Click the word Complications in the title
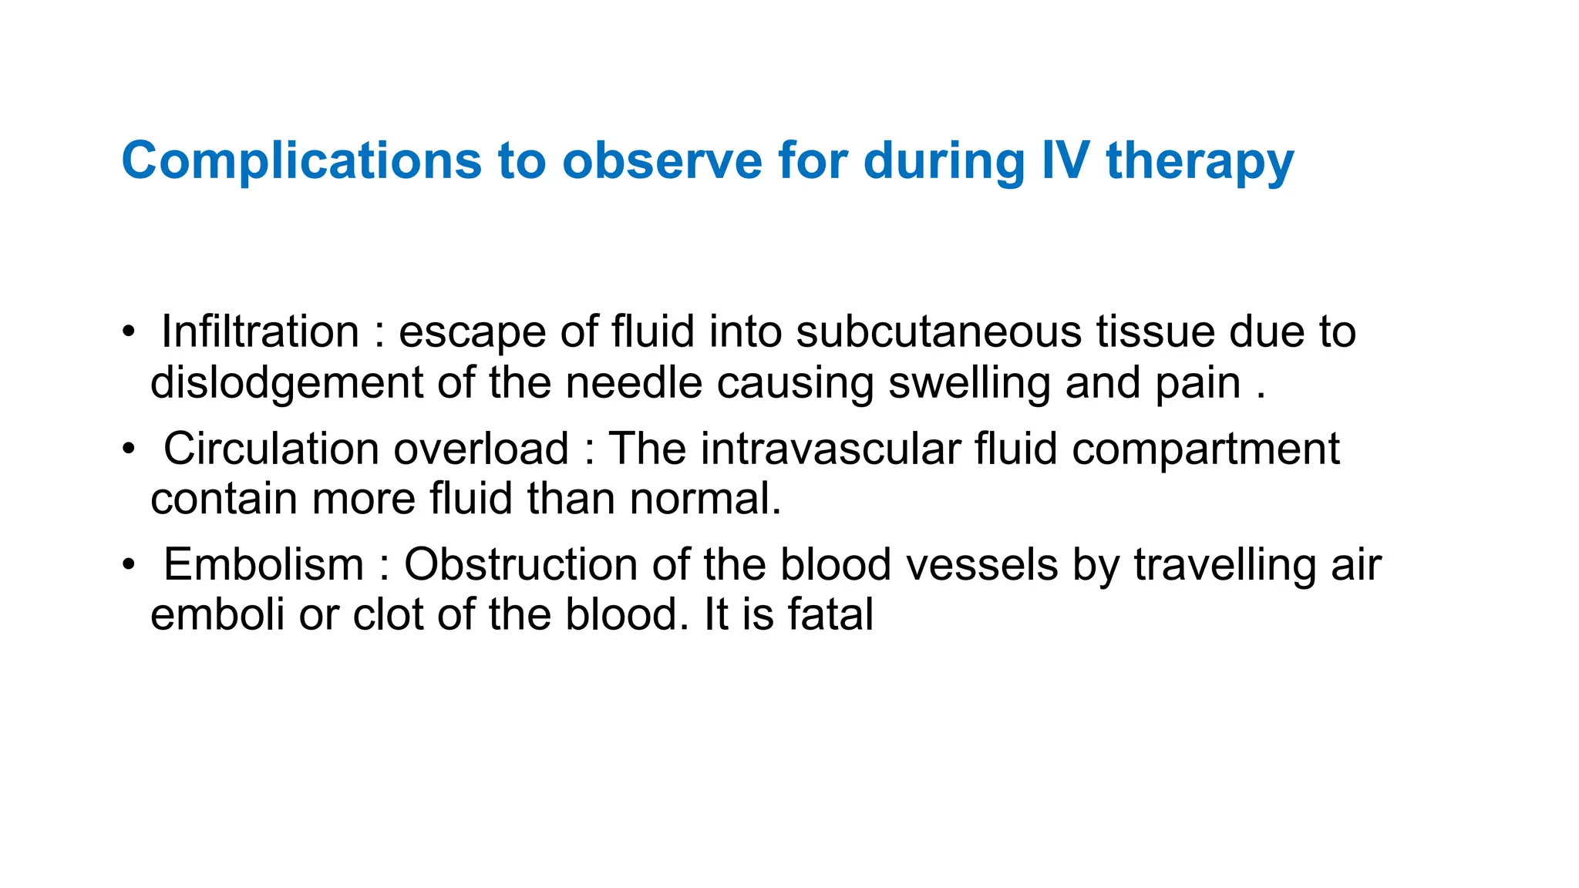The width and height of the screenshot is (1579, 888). tap(301, 161)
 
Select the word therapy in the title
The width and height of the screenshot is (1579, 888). tap(1200, 163)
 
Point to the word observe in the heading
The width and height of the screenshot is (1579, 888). tap(662, 161)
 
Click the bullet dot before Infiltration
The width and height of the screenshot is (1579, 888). tap(129, 333)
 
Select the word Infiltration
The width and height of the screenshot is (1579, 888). tap(260, 332)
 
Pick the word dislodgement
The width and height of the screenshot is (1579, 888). tap(287, 383)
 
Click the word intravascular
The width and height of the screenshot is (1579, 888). tap(830, 449)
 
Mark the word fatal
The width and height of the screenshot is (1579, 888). tap(830, 615)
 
